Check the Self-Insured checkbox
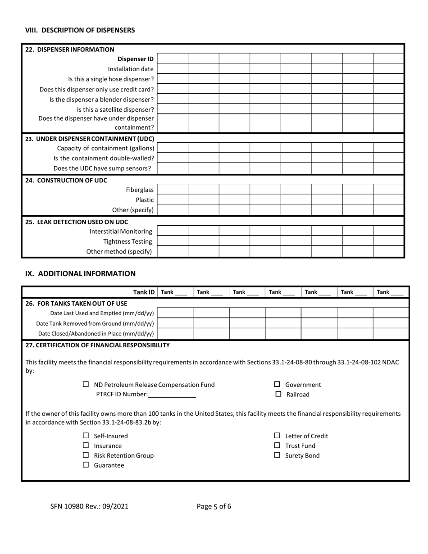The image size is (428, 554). [86, 436]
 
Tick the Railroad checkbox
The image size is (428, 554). [278, 395]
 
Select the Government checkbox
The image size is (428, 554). [278, 385]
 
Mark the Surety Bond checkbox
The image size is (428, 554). [278, 455]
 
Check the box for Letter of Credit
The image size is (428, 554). [278, 436]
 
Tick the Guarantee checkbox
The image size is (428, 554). [86, 465]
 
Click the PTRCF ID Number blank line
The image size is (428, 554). [172, 395]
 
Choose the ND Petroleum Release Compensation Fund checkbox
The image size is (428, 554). [86, 385]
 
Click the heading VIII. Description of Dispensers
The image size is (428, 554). [80, 30]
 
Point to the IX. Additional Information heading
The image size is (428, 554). [80, 273]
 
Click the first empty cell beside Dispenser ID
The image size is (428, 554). [173, 59]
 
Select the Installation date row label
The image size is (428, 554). [131, 69]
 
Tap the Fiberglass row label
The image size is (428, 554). [140, 190]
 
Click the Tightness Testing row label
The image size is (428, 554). [127, 241]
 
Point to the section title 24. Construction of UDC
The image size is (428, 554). [66, 180]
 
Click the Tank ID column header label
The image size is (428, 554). [144, 292]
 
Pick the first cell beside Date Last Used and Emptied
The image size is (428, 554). [175, 313]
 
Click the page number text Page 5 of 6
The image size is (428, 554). [214, 506]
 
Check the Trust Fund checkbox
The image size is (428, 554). [278, 446]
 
